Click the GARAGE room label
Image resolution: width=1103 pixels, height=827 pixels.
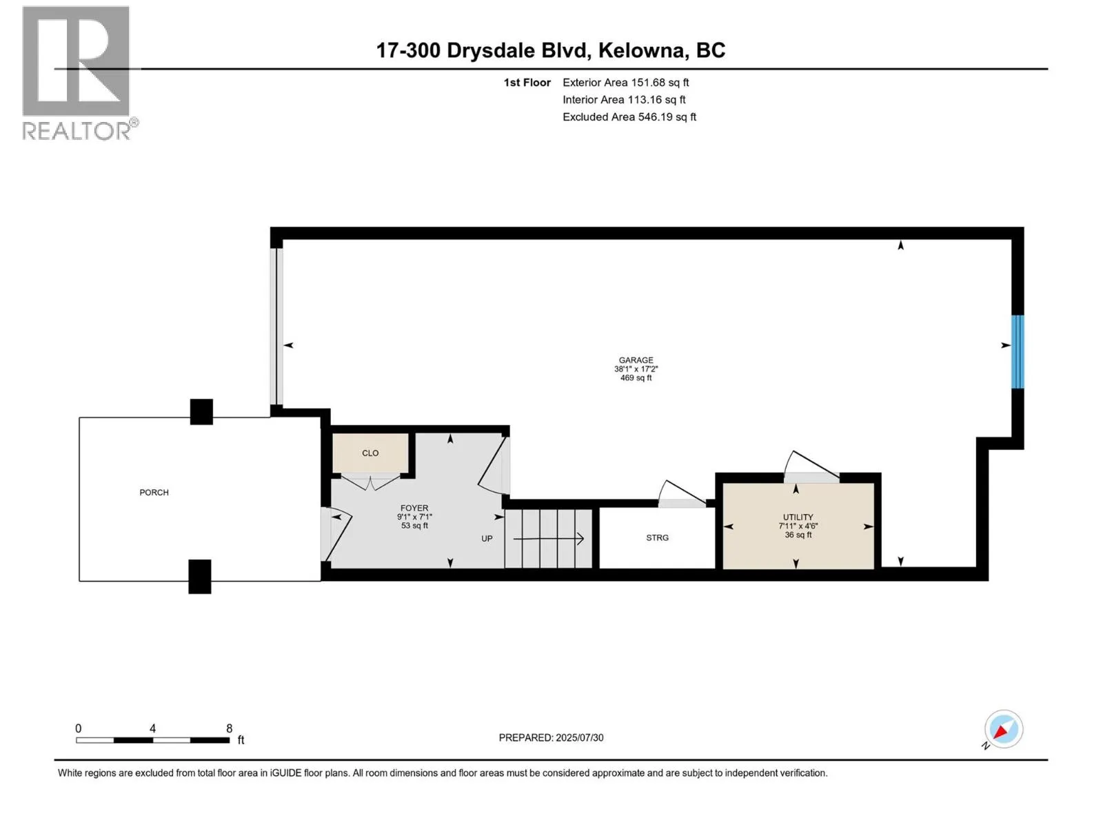[636, 360]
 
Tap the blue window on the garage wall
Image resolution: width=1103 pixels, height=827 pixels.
[1017, 351]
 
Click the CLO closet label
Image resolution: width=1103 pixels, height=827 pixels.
[370, 453]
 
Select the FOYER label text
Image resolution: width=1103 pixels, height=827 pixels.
[414, 508]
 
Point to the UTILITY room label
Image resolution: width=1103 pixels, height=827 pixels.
[798, 517]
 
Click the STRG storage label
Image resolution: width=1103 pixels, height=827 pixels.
[657, 538]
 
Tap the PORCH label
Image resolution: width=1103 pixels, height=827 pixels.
[154, 492]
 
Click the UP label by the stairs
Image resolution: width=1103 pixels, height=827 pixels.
[487, 538]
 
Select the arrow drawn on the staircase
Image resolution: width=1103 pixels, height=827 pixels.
[549, 538]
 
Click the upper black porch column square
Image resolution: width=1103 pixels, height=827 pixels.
[201, 412]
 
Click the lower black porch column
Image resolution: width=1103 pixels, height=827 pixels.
[200, 576]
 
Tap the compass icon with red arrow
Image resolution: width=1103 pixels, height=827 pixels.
[1003, 729]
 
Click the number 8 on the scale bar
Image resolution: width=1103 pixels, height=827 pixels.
[230, 728]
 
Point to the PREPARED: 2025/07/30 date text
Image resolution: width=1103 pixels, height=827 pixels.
[551, 737]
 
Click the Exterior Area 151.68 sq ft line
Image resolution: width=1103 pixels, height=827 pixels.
[625, 82]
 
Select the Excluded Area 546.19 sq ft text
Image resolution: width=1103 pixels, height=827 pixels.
[629, 116]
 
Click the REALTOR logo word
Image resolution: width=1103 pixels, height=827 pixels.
[76, 131]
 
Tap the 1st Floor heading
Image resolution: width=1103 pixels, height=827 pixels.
[527, 82]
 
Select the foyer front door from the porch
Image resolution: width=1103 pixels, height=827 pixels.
[336, 531]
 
